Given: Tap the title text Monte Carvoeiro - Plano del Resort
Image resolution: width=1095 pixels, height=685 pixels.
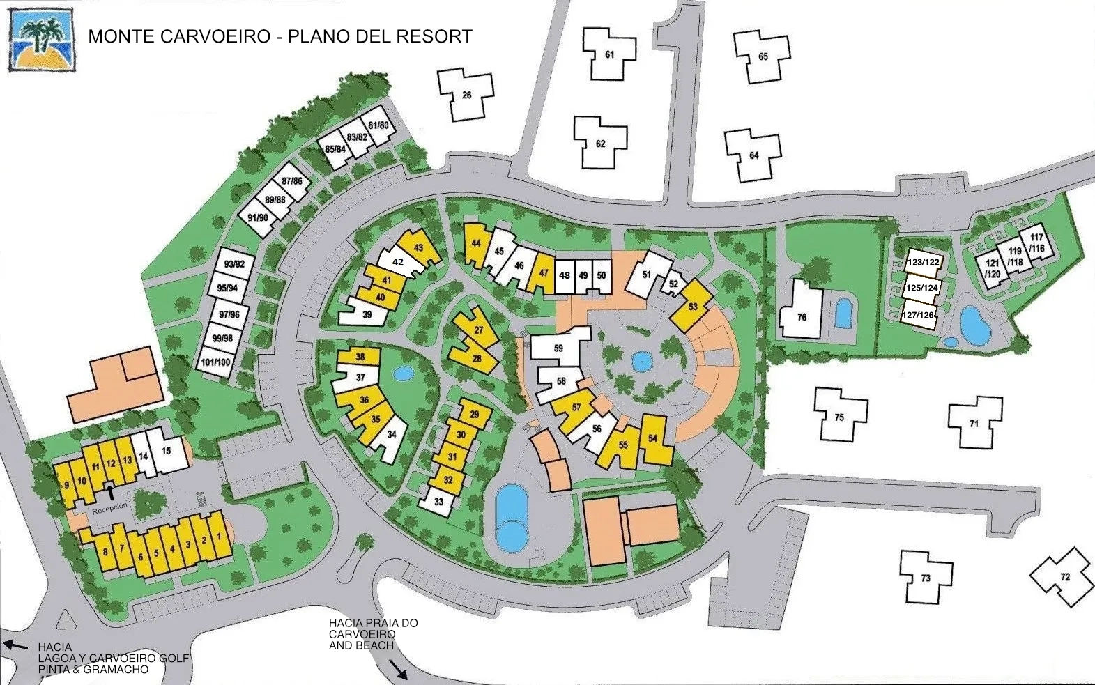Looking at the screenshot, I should coord(280,36).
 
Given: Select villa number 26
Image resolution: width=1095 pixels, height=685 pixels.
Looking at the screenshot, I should coord(466,95).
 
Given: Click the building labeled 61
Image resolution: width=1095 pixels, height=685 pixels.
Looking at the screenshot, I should coord(610,55).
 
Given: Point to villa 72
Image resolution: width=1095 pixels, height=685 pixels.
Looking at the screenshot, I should coord(1064,576).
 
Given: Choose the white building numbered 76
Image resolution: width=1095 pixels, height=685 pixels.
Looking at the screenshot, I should coord(802,317).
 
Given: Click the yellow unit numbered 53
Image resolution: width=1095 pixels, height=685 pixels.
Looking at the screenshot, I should coord(693,306).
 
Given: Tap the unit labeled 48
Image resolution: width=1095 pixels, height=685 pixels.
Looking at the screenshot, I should coord(565,275).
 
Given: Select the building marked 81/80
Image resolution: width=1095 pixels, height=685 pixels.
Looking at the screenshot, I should coord(378,125).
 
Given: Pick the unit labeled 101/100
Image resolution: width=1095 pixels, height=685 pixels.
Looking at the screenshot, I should coord(215,362).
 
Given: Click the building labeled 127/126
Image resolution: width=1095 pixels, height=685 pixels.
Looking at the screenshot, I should coord(918,315).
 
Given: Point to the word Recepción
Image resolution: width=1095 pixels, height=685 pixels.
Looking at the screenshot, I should coord(110,507).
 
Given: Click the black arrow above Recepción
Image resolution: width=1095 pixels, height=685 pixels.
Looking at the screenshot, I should coord(110,492).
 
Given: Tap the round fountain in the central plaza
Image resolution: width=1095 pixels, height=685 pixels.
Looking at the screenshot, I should coord(638,360).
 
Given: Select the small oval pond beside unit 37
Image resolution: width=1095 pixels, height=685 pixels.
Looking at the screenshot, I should coord(403,374).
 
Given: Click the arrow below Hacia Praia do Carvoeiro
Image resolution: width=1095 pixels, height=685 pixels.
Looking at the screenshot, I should coord(400,670).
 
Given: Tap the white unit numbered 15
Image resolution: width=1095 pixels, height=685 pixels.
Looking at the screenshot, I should coord(166,451).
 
